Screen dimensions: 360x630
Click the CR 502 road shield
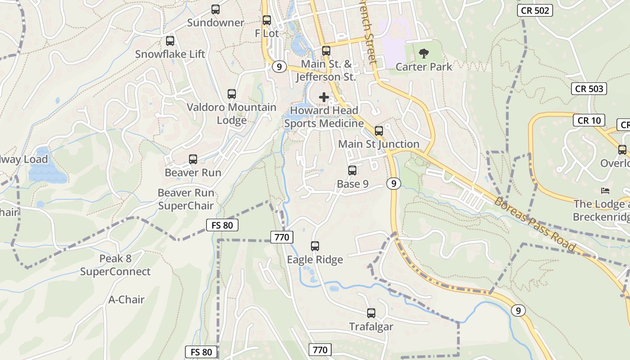(535, 10)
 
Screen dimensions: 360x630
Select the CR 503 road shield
(589, 89)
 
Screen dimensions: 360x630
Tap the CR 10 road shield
(589, 120)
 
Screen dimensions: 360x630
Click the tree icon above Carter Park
(423, 54)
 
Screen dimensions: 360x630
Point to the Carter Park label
(423, 67)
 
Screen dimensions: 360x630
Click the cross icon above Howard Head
(324, 97)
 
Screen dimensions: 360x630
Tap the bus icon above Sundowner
(216, 9)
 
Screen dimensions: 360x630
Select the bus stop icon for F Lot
(267, 20)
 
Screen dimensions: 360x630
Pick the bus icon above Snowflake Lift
(170, 41)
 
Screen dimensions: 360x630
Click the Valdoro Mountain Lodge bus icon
(232, 94)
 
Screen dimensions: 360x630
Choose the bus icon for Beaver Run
(193, 159)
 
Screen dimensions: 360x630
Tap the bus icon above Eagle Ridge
(315, 246)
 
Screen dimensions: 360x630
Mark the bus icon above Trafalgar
(371, 313)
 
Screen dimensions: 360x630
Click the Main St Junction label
(378, 144)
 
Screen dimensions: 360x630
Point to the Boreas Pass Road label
(535, 224)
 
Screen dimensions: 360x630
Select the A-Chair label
(126, 299)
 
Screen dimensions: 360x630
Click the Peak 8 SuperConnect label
(115, 265)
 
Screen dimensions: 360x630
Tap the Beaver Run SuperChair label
(185, 199)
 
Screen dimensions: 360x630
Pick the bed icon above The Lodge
(605, 191)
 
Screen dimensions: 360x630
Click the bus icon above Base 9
(352, 171)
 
